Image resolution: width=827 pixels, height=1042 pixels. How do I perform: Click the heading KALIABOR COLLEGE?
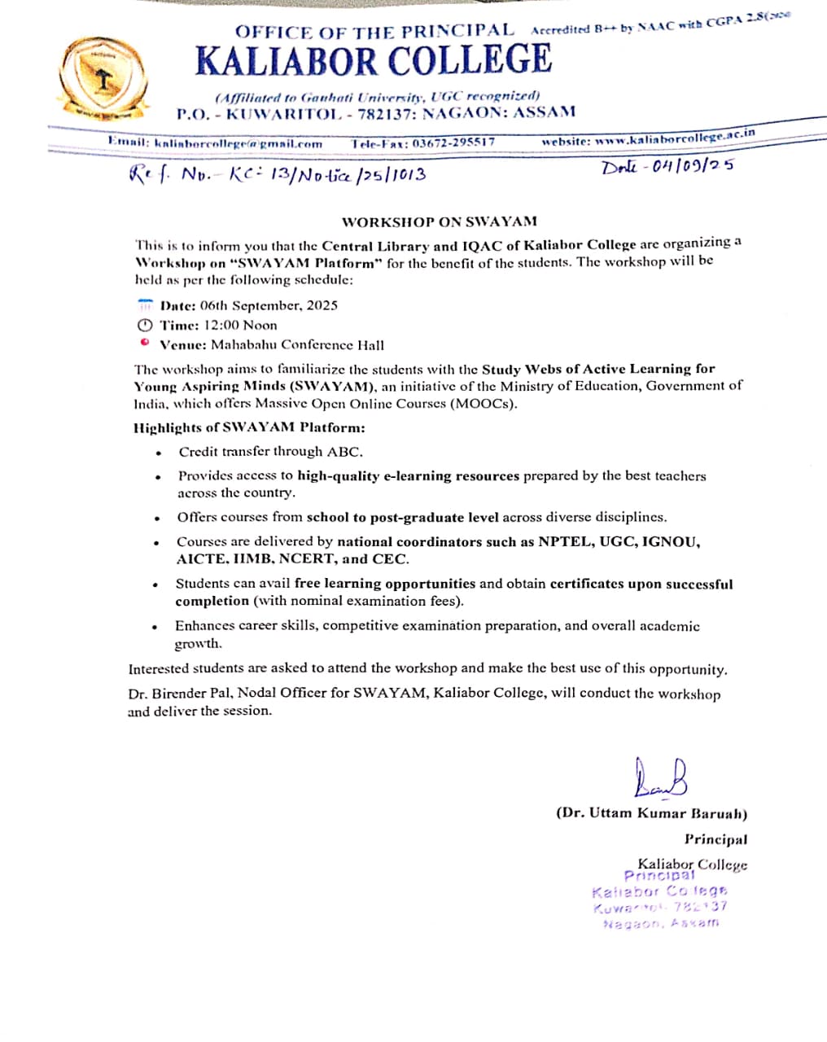pos(374,60)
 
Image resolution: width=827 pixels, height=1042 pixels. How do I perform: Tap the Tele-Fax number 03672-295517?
pos(453,142)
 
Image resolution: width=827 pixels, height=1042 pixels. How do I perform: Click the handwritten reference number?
pos(278,173)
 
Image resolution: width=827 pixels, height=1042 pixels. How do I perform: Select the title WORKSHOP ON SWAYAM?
pos(439,221)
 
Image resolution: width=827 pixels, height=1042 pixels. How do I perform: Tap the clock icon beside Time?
pos(145,325)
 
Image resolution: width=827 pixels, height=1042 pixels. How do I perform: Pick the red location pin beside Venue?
pos(145,343)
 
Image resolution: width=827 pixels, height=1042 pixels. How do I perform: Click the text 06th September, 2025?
pos(269,306)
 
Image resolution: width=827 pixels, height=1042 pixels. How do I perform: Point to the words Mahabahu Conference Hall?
pos(297,345)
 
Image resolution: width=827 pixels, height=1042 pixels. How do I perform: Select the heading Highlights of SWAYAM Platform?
pos(249,427)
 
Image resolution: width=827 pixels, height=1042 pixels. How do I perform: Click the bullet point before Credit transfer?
pos(158,453)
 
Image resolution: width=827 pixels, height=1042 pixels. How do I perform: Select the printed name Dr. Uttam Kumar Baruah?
pos(651,813)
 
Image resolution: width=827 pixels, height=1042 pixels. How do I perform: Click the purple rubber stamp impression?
pos(659,900)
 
